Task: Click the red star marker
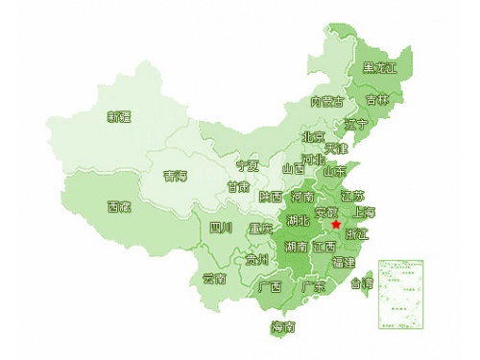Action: pos(336,224)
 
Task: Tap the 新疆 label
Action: pos(119,117)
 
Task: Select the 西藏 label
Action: pos(119,206)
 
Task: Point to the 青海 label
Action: pos(175,176)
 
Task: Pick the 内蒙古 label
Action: pos(326,101)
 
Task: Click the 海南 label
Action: pos(283,327)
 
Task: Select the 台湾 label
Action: pos(361,283)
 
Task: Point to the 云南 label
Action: pos(214,279)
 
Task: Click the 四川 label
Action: pos(221,228)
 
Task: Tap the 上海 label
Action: pos(365,212)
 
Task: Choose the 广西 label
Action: pos(270,286)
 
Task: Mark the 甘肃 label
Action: pos(238,186)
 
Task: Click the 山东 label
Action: pos(334,173)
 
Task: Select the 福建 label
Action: pos(343,262)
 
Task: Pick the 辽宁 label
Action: pos(356,125)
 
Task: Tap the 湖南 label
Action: pos(296,246)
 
